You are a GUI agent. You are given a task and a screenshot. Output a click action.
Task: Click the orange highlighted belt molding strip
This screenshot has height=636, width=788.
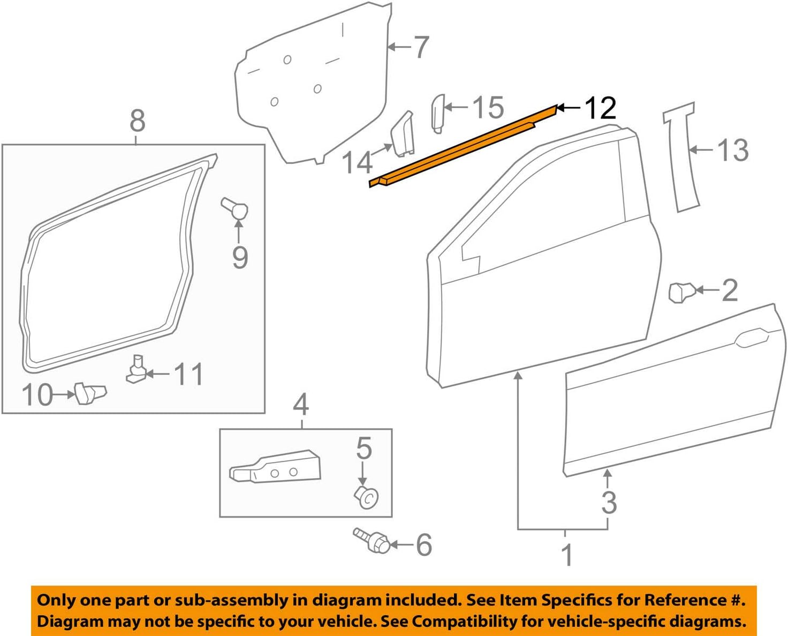click(460, 147)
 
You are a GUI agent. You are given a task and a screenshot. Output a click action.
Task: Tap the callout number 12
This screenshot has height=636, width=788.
click(600, 109)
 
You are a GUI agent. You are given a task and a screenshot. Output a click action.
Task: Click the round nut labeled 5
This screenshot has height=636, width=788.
click(367, 497)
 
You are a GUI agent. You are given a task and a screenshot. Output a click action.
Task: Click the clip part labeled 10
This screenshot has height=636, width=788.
click(89, 394)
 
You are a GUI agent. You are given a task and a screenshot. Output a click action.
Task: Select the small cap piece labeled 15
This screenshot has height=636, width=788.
click(437, 113)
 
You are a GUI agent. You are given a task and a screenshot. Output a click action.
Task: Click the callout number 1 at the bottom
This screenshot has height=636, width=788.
click(567, 555)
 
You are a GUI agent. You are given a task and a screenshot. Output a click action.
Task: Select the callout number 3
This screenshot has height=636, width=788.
click(609, 502)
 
